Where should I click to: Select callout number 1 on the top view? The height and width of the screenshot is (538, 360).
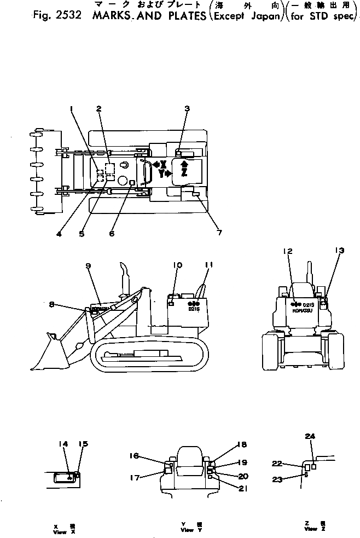tap(71, 108)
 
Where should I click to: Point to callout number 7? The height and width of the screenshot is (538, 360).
tap(219, 233)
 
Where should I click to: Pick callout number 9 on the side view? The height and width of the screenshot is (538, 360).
tap(87, 266)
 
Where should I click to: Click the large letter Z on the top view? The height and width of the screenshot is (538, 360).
tap(184, 173)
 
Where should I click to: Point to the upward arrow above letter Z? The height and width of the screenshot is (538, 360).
tap(184, 163)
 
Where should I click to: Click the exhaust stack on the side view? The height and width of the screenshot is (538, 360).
tap(123, 279)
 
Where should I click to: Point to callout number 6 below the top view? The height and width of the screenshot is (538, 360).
tap(112, 233)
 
